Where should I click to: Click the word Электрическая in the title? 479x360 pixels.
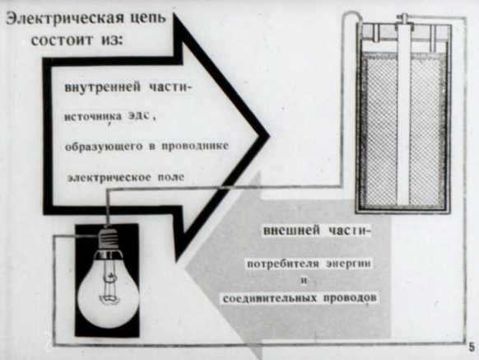click(65, 18)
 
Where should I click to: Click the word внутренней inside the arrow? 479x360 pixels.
click(103, 87)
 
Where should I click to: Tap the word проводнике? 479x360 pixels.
click(195, 146)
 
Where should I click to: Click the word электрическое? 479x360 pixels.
click(109, 178)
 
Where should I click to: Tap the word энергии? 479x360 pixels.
click(349, 264)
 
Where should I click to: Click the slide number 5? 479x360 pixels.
click(472, 348)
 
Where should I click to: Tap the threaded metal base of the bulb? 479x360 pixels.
click(108, 239)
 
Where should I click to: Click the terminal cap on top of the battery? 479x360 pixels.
click(403, 19)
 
